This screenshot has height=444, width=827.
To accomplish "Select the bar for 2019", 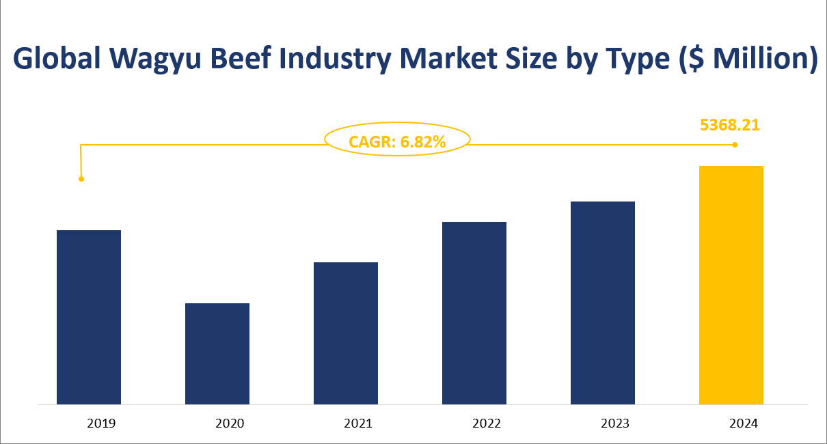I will tap(89, 317).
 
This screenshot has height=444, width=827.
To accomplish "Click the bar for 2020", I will tap(217, 353).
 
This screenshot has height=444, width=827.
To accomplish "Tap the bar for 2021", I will tap(346, 333).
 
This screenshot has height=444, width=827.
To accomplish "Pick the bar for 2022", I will tap(474, 313).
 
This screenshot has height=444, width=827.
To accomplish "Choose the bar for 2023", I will tap(603, 303).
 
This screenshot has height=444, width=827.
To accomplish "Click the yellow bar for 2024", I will tap(731, 285).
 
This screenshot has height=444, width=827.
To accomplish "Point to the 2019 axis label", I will tap(101, 424).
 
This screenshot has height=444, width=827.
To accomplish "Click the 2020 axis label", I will tap(230, 424).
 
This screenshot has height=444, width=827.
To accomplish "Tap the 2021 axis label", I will tap(358, 424).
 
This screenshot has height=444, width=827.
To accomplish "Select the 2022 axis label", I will tap(487, 424).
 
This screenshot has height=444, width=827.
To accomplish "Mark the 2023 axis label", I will tap(615, 424).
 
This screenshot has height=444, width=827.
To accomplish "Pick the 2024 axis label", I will tap(744, 424).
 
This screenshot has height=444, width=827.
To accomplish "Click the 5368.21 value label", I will tap(730, 125).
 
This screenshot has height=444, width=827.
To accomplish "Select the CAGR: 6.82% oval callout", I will tap(397, 141).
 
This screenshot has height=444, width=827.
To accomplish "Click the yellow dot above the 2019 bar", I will tap(81, 179).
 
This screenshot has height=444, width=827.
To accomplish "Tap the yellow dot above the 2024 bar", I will tap(735, 145).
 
